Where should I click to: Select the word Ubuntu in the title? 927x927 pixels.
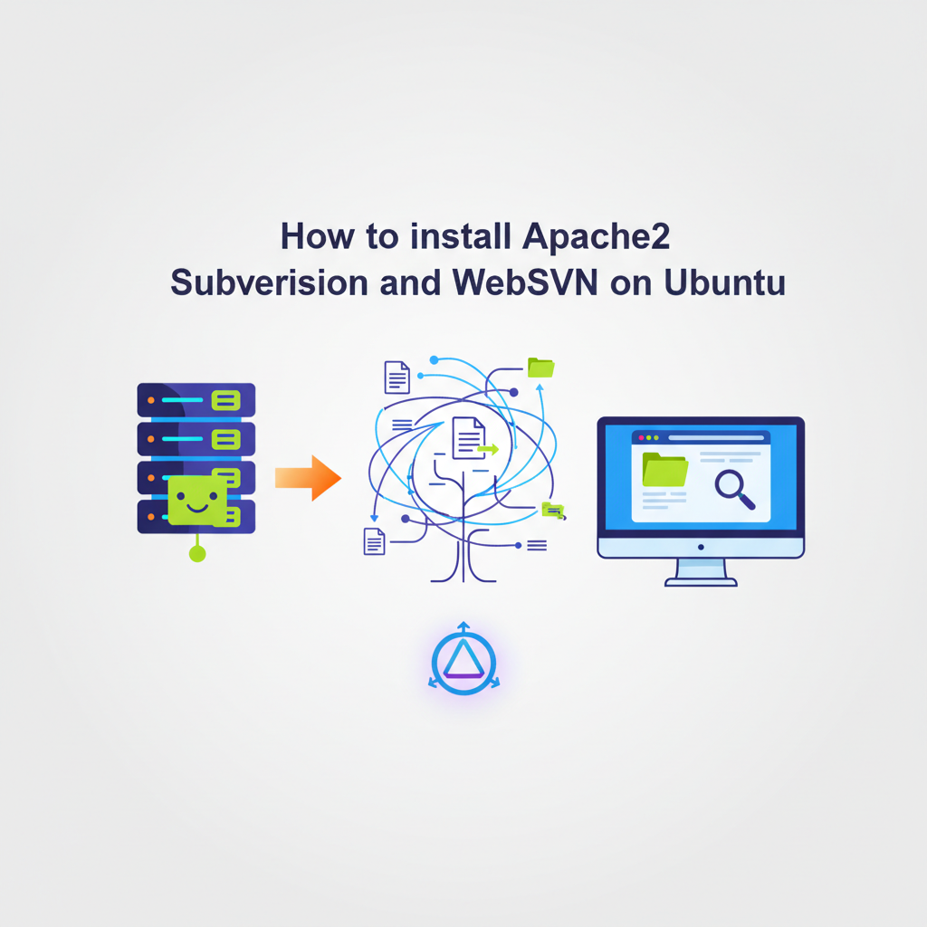pyautogui.click(x=725, y=282)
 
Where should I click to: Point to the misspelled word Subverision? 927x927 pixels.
pyautogui.click(x=269, y=282)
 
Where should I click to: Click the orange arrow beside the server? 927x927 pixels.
pyautogui.click(x=308, y=478)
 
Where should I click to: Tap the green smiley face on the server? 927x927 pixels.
pyautogui.click(x=196, y=501)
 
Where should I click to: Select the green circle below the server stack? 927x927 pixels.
pyautogui.click(x=197, y=554)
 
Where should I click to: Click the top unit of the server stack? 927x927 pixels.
pyautogui.click(x=196, y=400)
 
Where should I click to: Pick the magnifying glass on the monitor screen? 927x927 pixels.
pyautogui.click(x=734, y=488)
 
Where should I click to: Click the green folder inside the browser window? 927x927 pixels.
pyautogui.click(x=665, y=470)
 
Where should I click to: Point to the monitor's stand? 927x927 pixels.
pyautogui.click(x=701, y=572)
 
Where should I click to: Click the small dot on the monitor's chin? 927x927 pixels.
pyautogui.click(x=701, y=548)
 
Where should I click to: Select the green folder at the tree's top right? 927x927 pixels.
pyautogui.click(x=541, y=368)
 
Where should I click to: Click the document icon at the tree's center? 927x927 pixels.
pyautogui.click(x=469, y=438)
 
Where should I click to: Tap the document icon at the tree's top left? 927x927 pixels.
pyautogui.click(x=397, y=377)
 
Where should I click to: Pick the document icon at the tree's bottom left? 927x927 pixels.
pyautogui.click(x=374, y=541)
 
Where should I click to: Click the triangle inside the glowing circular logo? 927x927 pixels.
pyautogui.click(x=464, y=658)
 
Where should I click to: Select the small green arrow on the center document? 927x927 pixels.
pyautogui.click(x=488, y=449)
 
